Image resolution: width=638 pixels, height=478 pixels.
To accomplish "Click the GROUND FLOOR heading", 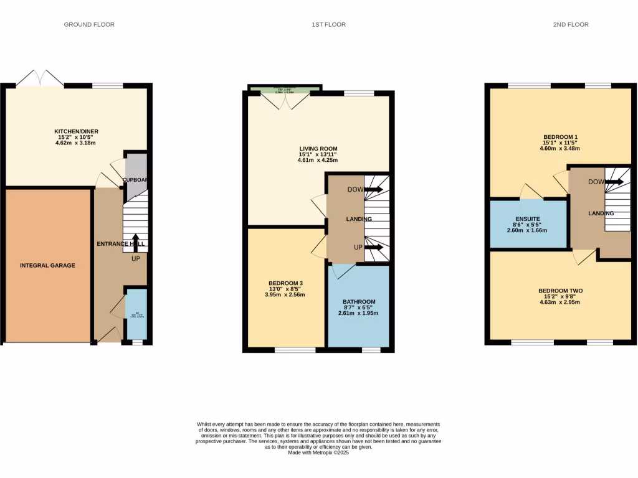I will coord(89,25).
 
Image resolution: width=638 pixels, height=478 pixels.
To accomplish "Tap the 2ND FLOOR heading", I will coord(571,25).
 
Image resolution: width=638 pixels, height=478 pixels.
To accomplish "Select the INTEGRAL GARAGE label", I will coord(47,265).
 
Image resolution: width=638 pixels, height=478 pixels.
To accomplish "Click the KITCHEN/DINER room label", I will coord(76,131).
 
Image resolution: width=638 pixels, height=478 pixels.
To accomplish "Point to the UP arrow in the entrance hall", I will coord(135,242).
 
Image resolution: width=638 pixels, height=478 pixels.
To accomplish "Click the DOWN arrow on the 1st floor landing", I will coord(374,189).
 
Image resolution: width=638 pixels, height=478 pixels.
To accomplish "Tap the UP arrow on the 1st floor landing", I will coord(374,247).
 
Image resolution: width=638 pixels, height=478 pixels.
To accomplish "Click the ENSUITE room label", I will coord(528,219).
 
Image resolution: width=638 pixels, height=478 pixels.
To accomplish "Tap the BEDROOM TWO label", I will coord(560,291).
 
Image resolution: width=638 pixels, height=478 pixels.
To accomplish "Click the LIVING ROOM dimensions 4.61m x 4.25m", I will coord(318,161).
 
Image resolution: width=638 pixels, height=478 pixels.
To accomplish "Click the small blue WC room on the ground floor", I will coord(136,314).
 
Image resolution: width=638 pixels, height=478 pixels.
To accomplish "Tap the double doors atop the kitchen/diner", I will coord(40,80).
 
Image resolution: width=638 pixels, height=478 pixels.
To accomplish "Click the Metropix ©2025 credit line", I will coord(318,453).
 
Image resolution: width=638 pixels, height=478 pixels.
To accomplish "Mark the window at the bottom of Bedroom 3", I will coord(295,350).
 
